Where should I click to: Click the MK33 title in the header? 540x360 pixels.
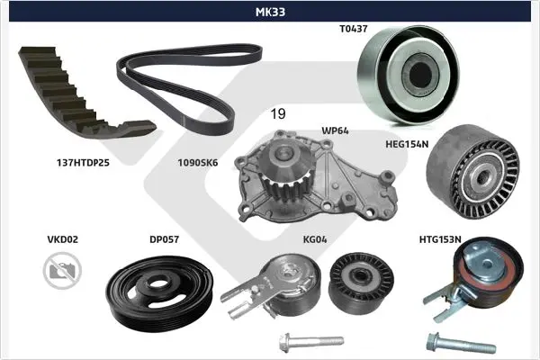(270, 12)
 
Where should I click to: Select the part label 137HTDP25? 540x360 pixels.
(83, 163)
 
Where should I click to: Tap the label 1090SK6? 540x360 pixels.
(198, 163)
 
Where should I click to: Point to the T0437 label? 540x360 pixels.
(354, 29)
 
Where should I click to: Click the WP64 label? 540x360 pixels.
(335, 130)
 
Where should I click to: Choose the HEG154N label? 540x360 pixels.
(407, 144)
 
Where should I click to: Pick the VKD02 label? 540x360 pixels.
(63, 239)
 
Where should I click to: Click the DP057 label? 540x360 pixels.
(165, 239)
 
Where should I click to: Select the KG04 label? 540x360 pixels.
(315, 239)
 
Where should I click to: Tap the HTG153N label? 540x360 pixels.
(440, 239)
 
